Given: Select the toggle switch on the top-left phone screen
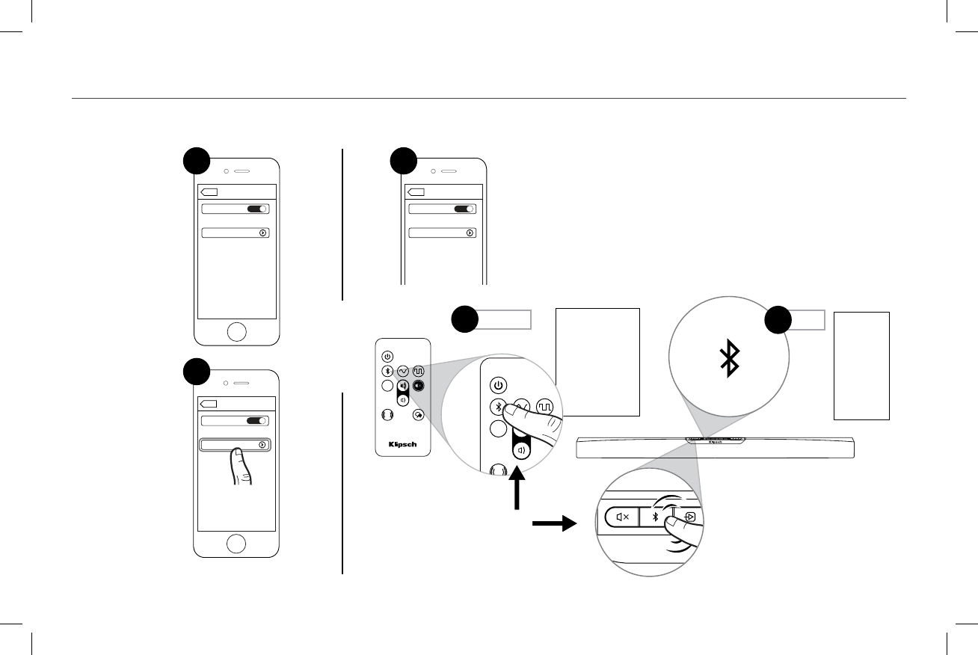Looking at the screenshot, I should (258, 209).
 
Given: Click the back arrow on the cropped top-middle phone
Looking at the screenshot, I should (416, 191).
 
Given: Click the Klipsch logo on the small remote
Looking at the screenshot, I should (402, 443).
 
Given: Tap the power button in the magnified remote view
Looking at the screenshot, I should (499, 386).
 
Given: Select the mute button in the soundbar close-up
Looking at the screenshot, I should (621, 517).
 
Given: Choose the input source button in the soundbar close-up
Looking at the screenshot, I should (690, 517).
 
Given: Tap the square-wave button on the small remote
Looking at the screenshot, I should (419, 371).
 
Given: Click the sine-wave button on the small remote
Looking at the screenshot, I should (403, 371).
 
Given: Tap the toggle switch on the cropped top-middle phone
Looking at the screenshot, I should (465, 209).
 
